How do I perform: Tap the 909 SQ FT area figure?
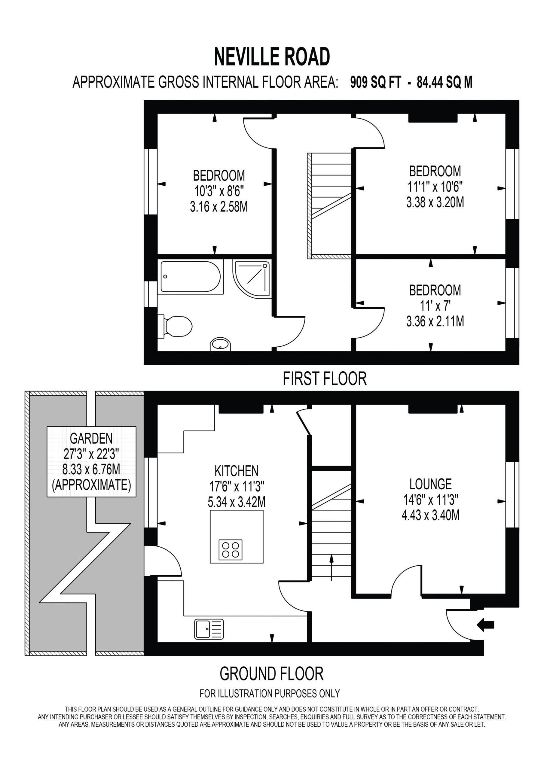(375, 82)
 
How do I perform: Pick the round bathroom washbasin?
(221, 344)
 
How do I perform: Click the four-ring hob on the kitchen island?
(230, 550)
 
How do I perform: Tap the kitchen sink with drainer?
(209, 629)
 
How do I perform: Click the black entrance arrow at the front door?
(485, 625)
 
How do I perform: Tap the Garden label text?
(91, 438)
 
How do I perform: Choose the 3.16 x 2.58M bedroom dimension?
(219, 207)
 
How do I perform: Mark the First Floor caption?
(325, 379)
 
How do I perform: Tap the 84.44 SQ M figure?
(445, 82)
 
